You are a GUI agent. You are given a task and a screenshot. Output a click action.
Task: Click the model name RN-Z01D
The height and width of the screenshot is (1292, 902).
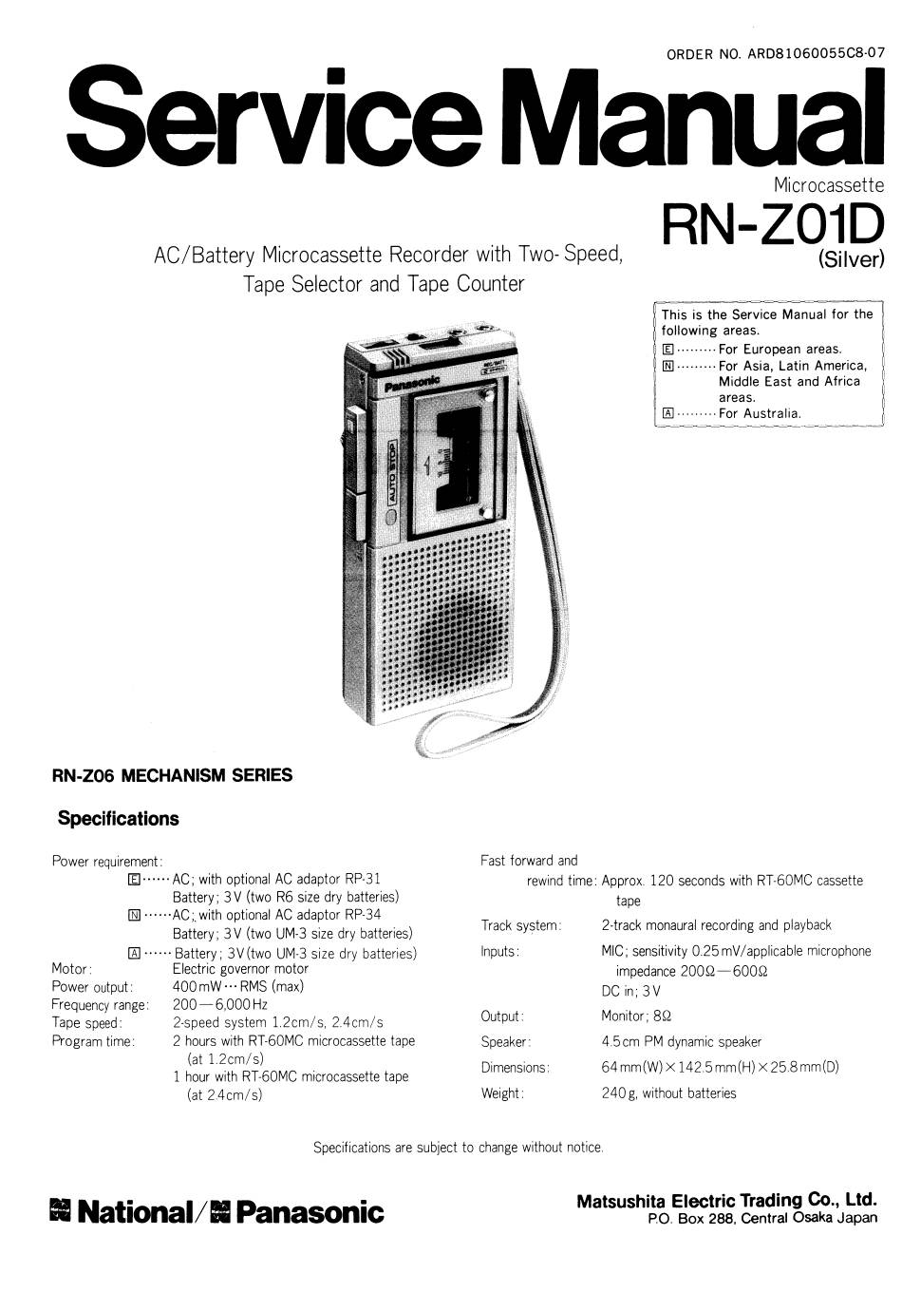(x=773, y=225)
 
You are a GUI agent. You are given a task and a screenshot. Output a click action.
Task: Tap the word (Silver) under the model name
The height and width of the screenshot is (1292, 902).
(x=852, y=260)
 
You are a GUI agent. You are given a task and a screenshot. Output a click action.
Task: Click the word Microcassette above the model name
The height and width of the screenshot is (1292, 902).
(x=829, y=185)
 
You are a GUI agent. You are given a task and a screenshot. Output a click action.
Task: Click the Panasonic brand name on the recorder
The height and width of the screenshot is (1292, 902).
(x=411, y=382)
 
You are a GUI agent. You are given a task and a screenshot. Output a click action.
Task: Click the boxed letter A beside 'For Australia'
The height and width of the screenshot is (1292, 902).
(x=668, y=413)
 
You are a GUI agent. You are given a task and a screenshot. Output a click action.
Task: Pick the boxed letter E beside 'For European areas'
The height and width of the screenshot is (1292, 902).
(x=668, y=349)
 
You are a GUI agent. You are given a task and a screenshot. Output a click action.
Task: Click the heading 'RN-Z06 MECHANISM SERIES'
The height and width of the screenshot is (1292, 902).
(x=173, y=775)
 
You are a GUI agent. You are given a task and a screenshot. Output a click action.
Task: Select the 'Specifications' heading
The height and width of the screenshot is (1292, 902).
(x=118, y=819)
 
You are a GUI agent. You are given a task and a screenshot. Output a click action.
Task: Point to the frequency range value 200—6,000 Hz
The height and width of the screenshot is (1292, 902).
(x=220, y=1005)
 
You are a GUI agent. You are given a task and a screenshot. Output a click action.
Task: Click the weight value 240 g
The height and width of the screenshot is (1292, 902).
(x=619, y=1093)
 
